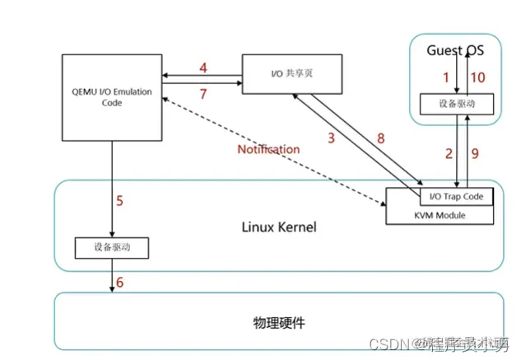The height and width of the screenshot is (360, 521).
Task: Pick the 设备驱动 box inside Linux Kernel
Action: pos(112,246)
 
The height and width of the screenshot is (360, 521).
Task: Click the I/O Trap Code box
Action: pos(457,197)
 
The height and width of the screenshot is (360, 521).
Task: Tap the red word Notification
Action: pos(268,149)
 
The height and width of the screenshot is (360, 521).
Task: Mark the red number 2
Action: pos(449,153)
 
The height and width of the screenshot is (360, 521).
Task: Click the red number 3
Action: pos(331,138)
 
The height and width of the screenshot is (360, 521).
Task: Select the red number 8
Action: pos(379,138)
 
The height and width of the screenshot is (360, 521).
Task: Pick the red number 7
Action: pos(202,93)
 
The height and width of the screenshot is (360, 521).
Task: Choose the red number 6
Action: pos(119,282)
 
